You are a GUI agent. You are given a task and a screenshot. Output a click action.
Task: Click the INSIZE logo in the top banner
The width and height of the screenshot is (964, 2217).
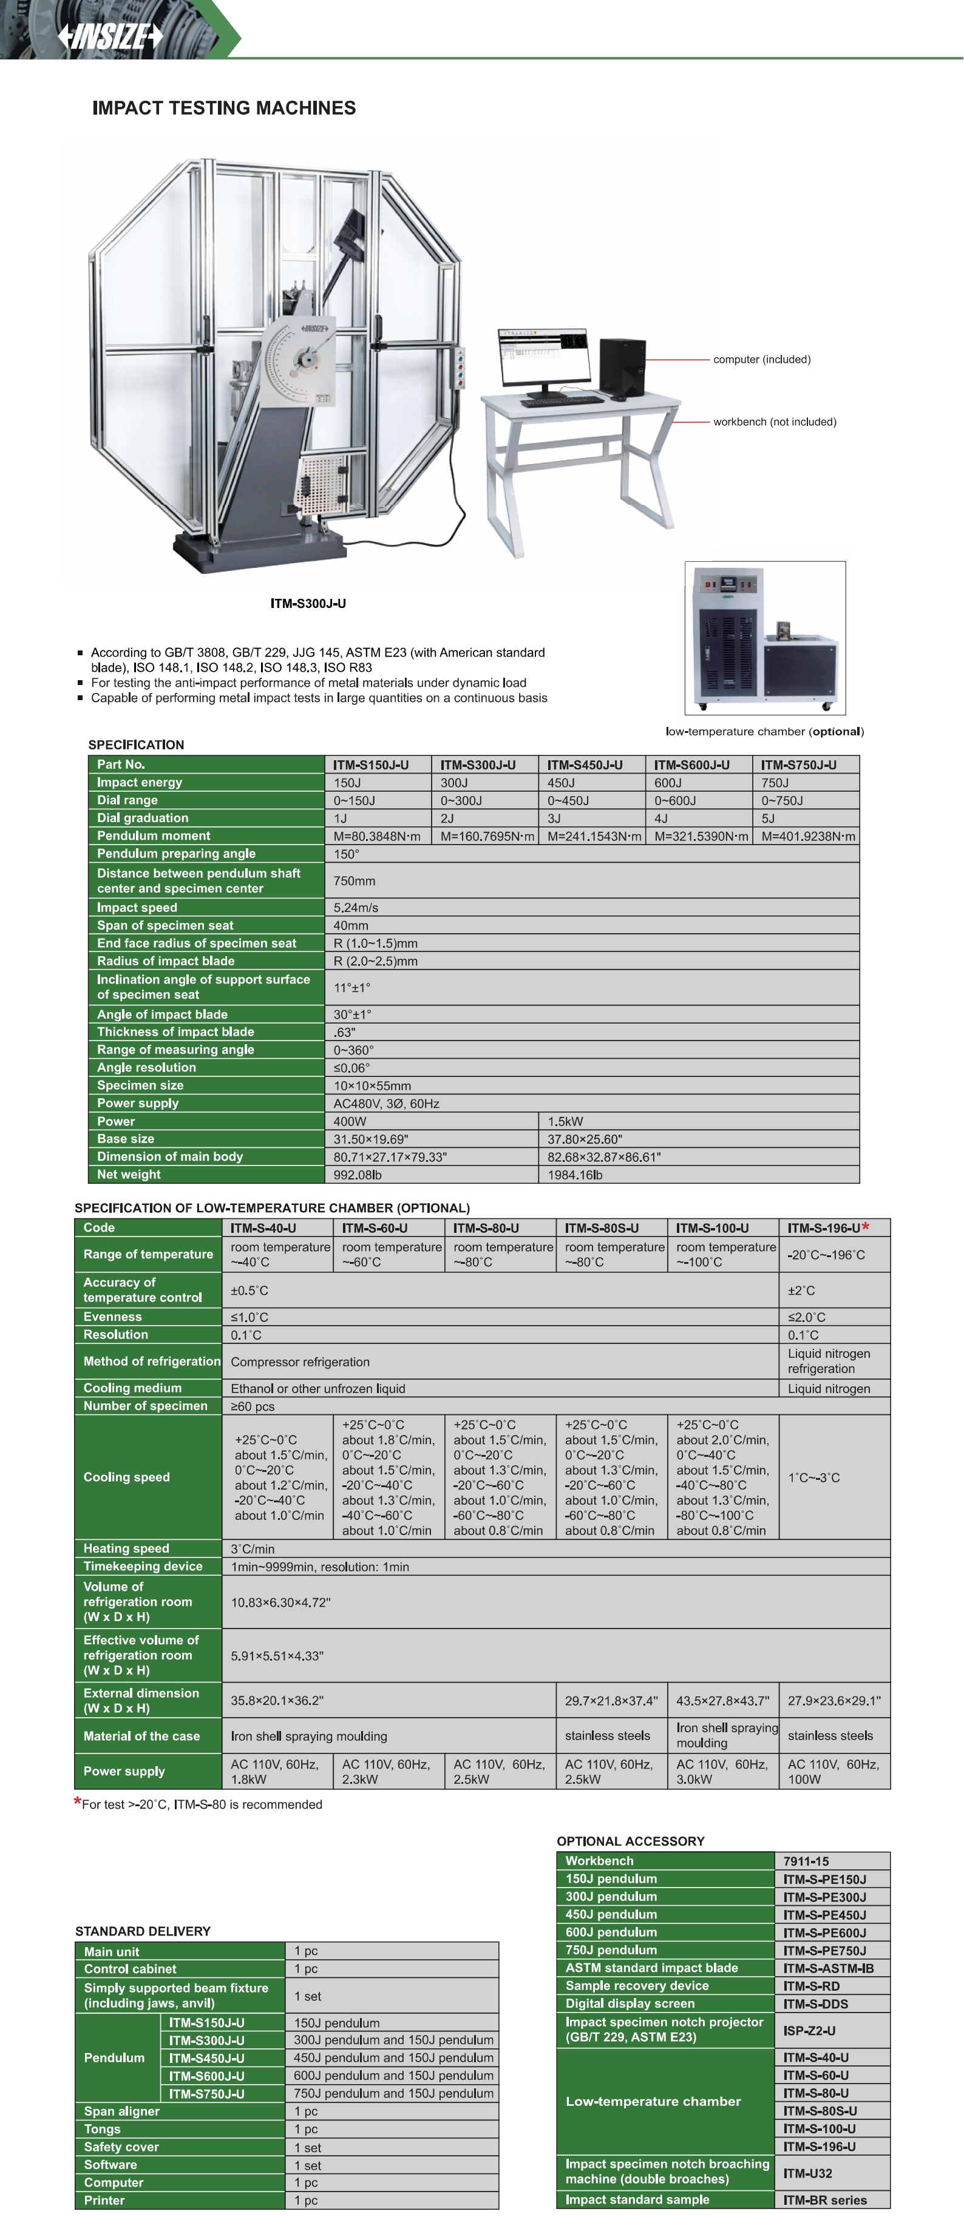pos(109,36)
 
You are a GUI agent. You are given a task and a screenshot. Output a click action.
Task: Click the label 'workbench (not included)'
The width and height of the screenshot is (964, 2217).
pos(774,422)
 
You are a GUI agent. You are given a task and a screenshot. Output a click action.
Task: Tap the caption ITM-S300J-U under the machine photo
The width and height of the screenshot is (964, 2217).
pos(308,603)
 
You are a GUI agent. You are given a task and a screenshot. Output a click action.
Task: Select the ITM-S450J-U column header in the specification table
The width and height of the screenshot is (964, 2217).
pos(585,765)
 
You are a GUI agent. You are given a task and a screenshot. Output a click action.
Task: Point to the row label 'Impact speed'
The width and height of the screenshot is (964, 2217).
pos(137,908)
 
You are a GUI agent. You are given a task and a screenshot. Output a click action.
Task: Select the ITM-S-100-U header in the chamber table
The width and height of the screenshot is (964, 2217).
pos(712,1228)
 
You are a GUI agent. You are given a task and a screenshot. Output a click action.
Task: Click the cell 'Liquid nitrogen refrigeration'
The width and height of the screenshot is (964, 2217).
pos(828,1361)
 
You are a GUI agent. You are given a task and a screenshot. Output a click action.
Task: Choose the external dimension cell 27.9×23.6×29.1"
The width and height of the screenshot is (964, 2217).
pos(833,1701)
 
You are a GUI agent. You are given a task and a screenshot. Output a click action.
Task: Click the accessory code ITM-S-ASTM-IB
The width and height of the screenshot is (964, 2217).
pos(828,1968)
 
